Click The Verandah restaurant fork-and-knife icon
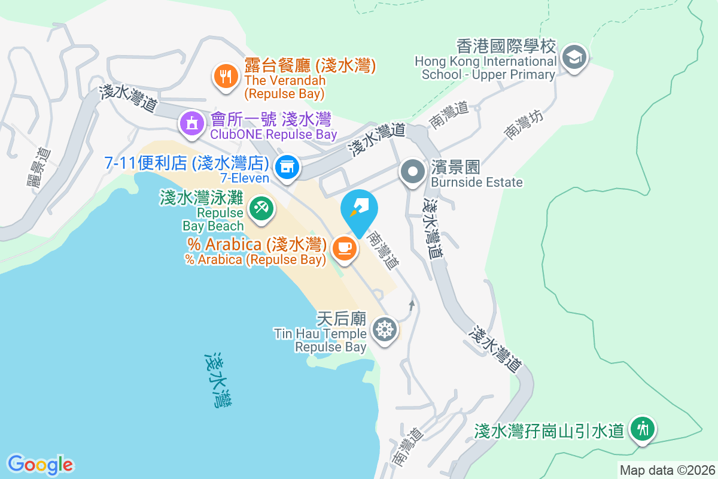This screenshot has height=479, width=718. coord(225,76)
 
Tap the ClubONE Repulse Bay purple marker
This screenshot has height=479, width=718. coord(191,123)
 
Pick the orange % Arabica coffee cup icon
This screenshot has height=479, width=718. coord(343,247)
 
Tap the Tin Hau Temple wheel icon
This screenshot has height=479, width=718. coord(384,329)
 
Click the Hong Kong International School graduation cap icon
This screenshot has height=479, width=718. coord(574,57)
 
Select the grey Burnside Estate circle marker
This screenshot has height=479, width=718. coord(412,172)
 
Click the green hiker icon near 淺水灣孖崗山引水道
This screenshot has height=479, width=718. coord(643,429)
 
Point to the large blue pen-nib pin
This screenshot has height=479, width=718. coord(359,210)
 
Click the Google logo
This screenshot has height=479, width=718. coord(40,465)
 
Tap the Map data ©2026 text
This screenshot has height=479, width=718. coord(667,471)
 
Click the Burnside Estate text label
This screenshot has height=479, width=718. coord(476,182)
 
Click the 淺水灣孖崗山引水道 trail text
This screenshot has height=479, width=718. coord(549,431)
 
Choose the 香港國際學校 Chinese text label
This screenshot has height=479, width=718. coord(506,47)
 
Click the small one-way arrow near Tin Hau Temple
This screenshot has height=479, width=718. coord(412,305)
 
